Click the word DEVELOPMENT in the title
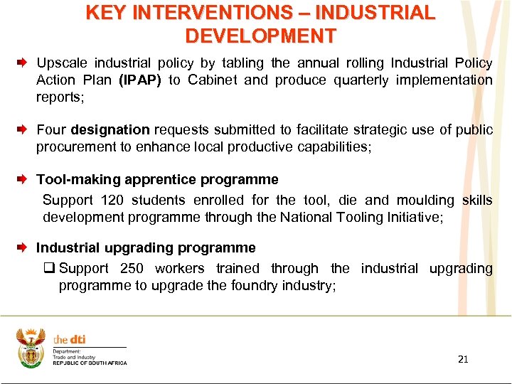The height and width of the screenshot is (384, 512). point(260,35)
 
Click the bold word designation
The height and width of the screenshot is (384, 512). point(110,129)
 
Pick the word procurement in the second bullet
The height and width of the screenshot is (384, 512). point(71,146)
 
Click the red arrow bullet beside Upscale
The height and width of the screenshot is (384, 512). point(22,63)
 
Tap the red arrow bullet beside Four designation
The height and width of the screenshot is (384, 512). point(22,129)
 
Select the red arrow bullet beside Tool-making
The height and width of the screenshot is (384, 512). point(22,180)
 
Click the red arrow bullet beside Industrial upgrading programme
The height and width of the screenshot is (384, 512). point(22,248)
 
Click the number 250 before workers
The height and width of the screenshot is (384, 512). point(132,268)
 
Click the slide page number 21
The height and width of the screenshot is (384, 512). point(463,359)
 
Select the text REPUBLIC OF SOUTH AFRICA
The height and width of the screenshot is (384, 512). point(90,363)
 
